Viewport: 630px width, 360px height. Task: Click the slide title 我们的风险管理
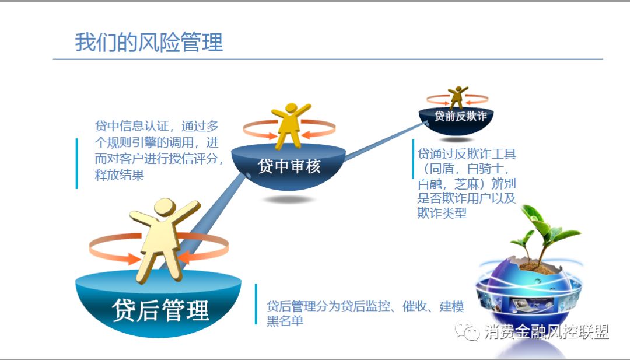point(149,42)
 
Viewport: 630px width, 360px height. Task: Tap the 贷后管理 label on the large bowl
point(160,310)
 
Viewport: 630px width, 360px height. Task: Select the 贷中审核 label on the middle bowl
point(289,166)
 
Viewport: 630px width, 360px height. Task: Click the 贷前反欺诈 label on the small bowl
point(460,116)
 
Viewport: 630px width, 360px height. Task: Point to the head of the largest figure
point(164,208)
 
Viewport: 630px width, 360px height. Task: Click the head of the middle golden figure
point(291,109)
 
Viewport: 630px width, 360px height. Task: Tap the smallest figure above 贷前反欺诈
point(458,97)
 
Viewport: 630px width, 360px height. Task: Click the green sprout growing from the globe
point(542,229)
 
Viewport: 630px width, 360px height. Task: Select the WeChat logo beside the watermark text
point(467,331)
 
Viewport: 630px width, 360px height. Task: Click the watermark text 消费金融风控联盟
point(547,332)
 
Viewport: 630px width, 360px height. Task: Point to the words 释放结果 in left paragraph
point(120,175)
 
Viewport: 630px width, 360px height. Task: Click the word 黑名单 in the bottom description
point(285,321)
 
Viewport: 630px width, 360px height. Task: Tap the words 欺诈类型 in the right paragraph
point(442,213)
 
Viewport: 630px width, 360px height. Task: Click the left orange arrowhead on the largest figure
point(134,258)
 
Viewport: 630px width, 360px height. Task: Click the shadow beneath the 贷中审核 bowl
point(288,200)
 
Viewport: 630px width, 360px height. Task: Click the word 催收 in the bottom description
point(415,306)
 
